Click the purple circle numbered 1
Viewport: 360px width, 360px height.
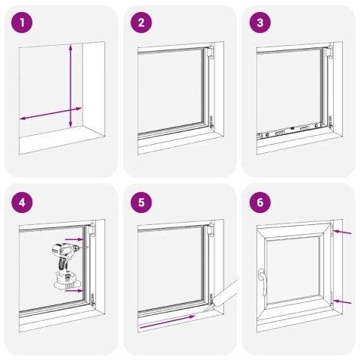point(22,22)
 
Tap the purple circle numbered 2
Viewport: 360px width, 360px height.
point(141,22)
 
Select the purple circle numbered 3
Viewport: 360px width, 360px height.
point(260,22)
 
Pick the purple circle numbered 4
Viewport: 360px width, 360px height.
point(22,202)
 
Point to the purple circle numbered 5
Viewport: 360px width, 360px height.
point(141,202)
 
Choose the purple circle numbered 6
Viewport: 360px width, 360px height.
point(260,202)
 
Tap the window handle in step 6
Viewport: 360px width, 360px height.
point(262,281)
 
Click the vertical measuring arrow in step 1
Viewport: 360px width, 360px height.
point(70,85)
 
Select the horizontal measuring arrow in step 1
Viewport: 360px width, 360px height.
point(51,114)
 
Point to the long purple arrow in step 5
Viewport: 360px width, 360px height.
point(167,322)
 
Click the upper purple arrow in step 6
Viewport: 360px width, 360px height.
point(342,232)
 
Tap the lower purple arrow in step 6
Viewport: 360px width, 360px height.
point(342,301)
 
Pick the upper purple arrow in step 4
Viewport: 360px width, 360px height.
point(73,239)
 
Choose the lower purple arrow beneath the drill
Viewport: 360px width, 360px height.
point(73,290)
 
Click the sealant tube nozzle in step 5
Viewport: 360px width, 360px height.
point(208,307)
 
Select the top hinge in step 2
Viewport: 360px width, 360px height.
point(211,52)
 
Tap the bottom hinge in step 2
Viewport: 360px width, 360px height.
point(211,121)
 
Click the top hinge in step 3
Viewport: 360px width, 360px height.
point(330,52)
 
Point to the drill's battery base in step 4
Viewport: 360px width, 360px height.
point(67,281)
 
